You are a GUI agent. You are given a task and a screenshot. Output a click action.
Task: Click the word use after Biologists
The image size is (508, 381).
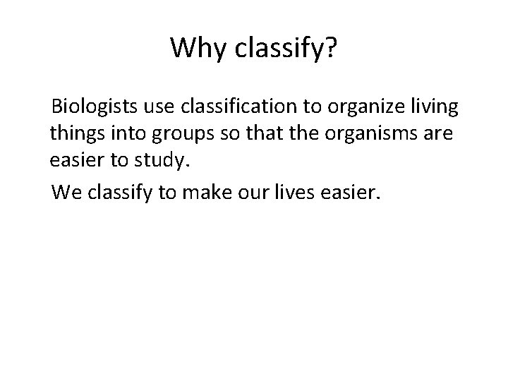[x=160, y=109]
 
